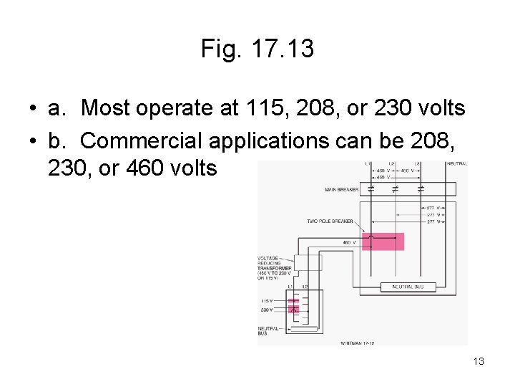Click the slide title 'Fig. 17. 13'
tap(257, 49)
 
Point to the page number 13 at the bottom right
tap(479, 361)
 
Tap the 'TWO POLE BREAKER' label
tap(330, 221)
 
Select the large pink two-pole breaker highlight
tap(383, 242)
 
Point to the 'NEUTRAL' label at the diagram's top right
tap(456, 164)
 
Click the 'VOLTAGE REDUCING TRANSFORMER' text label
tap(273, 267)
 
